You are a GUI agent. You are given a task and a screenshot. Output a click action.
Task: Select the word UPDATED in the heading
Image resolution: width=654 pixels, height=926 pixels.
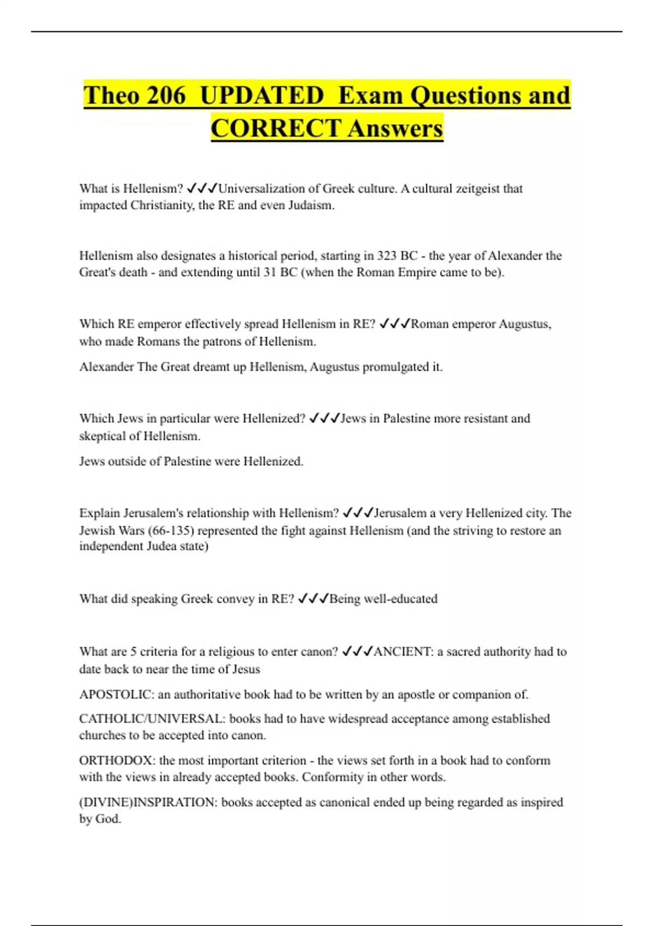pos(262,95)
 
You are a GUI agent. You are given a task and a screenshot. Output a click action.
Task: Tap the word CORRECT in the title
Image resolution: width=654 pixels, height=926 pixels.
pos(276,129)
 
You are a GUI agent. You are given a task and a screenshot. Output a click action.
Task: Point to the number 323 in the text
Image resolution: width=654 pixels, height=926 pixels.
pos(387,255)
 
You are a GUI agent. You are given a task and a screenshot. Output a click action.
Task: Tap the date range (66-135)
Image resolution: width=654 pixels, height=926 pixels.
pos(171,530)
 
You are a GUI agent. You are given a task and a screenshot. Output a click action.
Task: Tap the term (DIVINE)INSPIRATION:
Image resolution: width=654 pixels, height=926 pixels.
pos(148,802)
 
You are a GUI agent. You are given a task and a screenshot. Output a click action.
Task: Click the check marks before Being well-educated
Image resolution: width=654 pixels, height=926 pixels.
pos(313,599)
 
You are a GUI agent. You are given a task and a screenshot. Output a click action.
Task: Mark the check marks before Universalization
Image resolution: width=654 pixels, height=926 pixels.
pos(202,188)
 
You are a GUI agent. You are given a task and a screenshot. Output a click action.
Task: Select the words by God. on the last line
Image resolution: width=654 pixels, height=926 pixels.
pos(100,819)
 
